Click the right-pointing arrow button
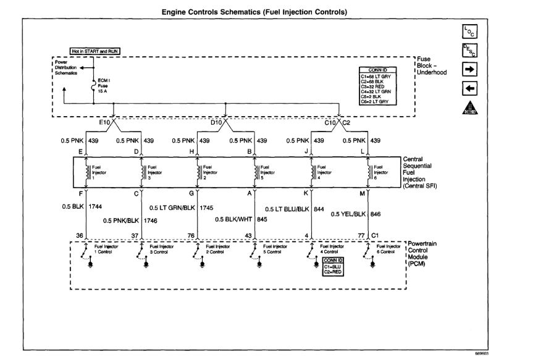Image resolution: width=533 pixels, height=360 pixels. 469,70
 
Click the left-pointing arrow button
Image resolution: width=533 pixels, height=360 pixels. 469,88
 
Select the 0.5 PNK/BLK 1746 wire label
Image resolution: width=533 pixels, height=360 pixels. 130,220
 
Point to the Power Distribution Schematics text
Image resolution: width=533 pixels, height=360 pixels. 67,68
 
